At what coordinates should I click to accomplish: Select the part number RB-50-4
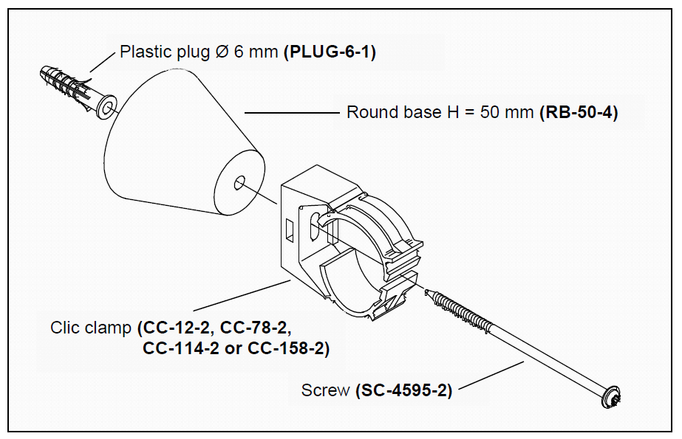(x=579, y=113)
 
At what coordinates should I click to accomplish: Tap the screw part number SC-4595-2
(x=403, y=390)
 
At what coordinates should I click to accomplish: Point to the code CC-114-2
(x=176, y=348)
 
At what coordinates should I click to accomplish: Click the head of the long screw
(x=612, y=396)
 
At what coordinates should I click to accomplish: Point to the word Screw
(x=325, y=390)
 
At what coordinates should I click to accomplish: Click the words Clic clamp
(x=90, y=328)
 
